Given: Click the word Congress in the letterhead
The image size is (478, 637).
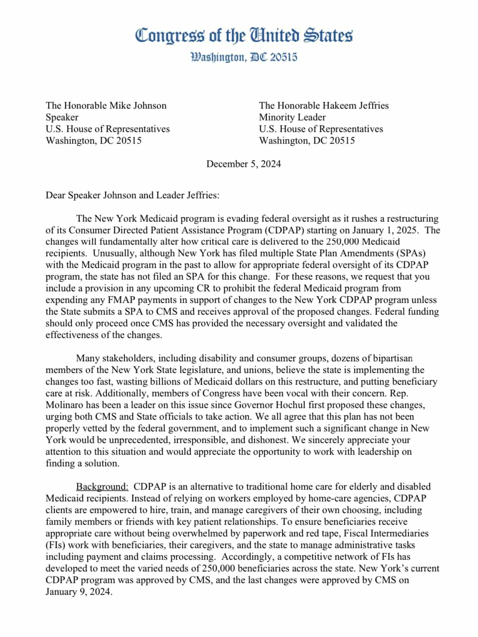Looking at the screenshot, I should tap(170, 35).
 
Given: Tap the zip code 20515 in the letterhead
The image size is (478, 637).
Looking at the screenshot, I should tap(284, 57).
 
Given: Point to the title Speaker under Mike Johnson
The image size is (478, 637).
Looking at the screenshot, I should tap(62, 117).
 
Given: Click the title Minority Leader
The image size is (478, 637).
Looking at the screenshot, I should tap(292, 117).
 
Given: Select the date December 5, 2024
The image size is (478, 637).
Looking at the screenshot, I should tap(244, 164).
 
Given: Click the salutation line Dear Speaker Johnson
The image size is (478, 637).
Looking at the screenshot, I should tap(132, 195).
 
